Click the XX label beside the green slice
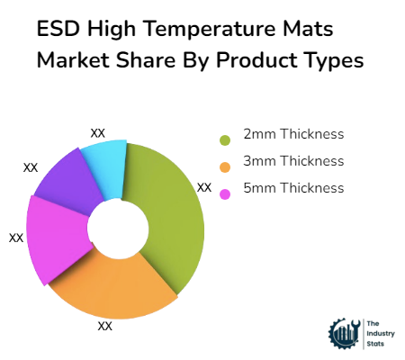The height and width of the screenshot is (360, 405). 204,187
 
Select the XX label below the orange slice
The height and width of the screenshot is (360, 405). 105,326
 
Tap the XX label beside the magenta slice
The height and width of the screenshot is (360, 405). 16,238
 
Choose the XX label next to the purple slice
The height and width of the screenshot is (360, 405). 31,166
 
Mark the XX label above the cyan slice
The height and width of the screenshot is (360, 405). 98,132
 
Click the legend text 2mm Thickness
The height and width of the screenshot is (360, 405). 293,134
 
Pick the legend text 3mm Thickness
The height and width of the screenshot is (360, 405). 293,161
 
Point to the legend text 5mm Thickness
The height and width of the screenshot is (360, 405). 293,188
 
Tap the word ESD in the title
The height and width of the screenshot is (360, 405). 57,29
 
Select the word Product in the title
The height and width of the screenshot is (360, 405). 246,60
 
